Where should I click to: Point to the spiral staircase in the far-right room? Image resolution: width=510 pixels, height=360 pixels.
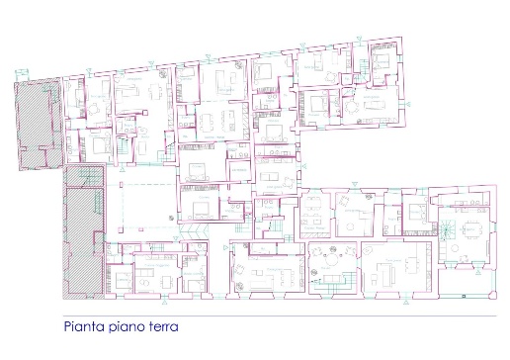(x=447, y=229)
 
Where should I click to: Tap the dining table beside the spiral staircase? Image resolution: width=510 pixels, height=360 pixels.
(x=471, y=228)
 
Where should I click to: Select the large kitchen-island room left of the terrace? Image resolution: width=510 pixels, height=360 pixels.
(x=391, y=265)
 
